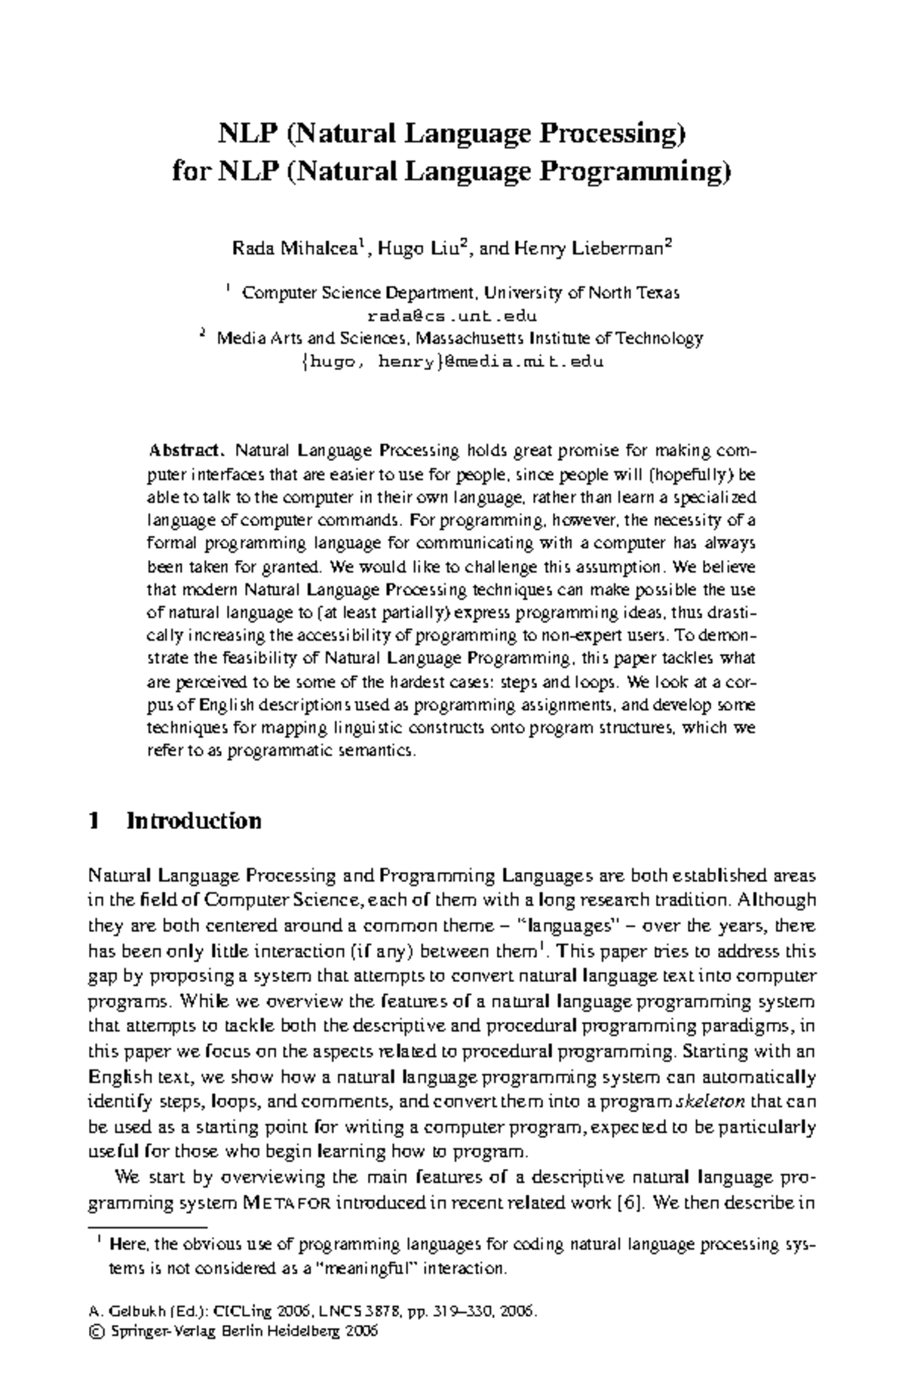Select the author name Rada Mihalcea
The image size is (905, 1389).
pos(294,249)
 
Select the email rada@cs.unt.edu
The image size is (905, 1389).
pos(452,315)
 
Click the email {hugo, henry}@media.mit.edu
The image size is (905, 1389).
pos(452,361)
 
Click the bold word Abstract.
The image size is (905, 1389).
pos(186,451)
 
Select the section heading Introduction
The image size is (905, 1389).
pos(195,821)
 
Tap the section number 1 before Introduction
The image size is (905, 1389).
pos(94,821)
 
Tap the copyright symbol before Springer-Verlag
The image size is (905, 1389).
pos(95,1331)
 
